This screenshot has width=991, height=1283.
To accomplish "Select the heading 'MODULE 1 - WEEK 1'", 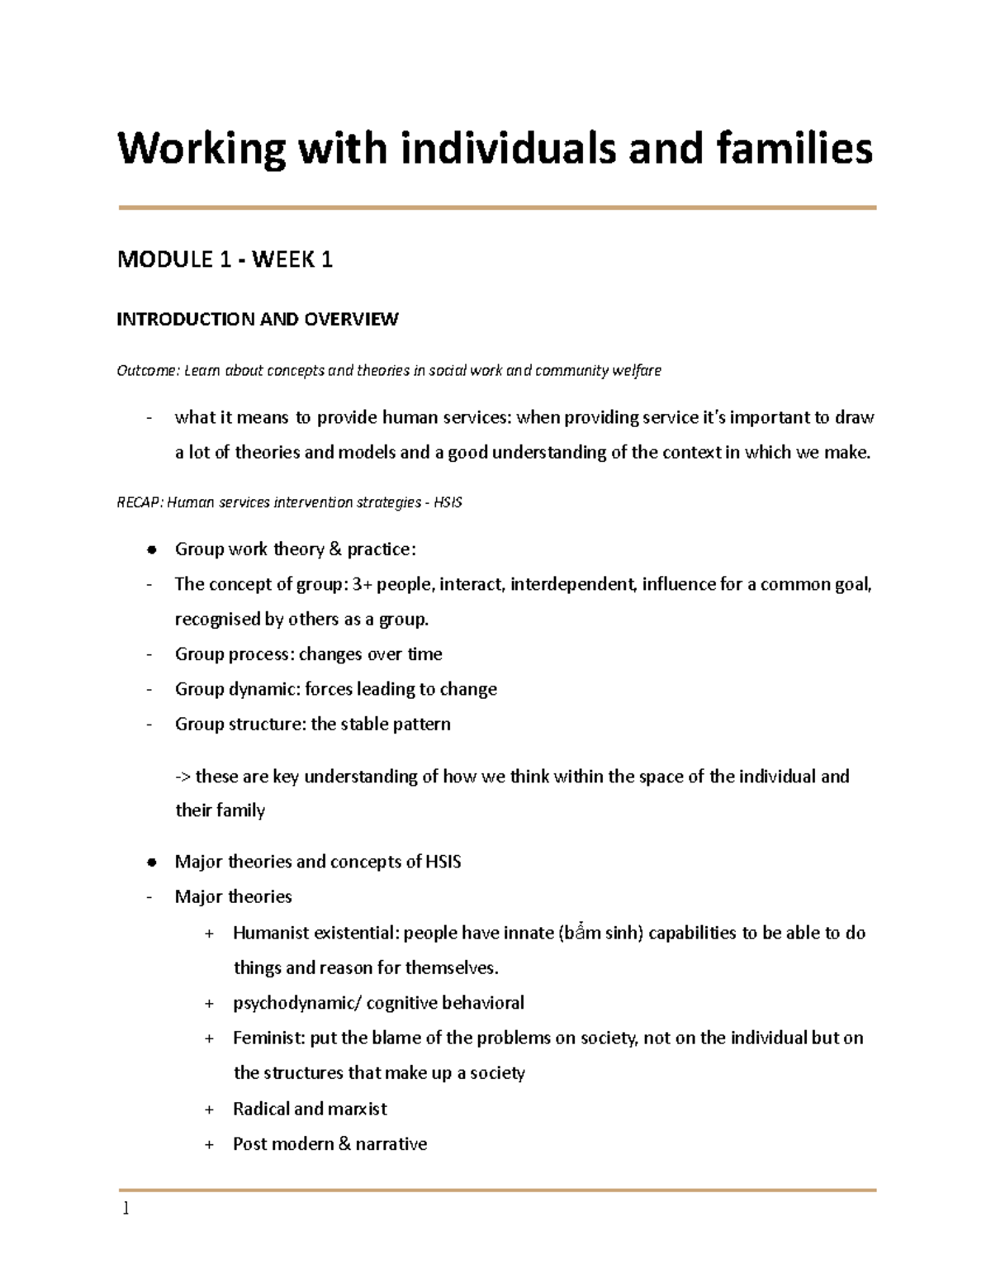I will pos(225,260).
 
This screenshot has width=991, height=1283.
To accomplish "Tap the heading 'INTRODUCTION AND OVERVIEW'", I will pos(257,320).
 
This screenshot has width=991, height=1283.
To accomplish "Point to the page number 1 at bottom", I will pos(126,1209).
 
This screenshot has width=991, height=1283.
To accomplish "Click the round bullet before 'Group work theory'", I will pos(151,550).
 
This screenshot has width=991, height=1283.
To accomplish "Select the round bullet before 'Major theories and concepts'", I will pos(151,862).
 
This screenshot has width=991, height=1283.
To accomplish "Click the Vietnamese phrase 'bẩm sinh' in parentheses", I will pos(604,934).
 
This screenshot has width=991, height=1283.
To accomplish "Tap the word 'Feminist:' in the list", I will pos(268,1038).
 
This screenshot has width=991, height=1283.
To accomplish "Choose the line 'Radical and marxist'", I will pos(310,1110).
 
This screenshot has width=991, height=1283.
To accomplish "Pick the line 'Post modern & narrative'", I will pos(330,1144).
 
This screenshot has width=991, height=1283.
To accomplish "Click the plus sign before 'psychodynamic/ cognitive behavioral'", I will pos(209,1004).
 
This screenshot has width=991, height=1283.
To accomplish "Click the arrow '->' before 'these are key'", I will pos(183,777).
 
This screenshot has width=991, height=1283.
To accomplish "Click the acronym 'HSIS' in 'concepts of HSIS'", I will pos(443,862).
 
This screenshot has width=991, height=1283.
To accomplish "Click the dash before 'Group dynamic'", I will pos(149,690).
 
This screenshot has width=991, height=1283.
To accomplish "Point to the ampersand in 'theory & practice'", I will pos(334,550).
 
